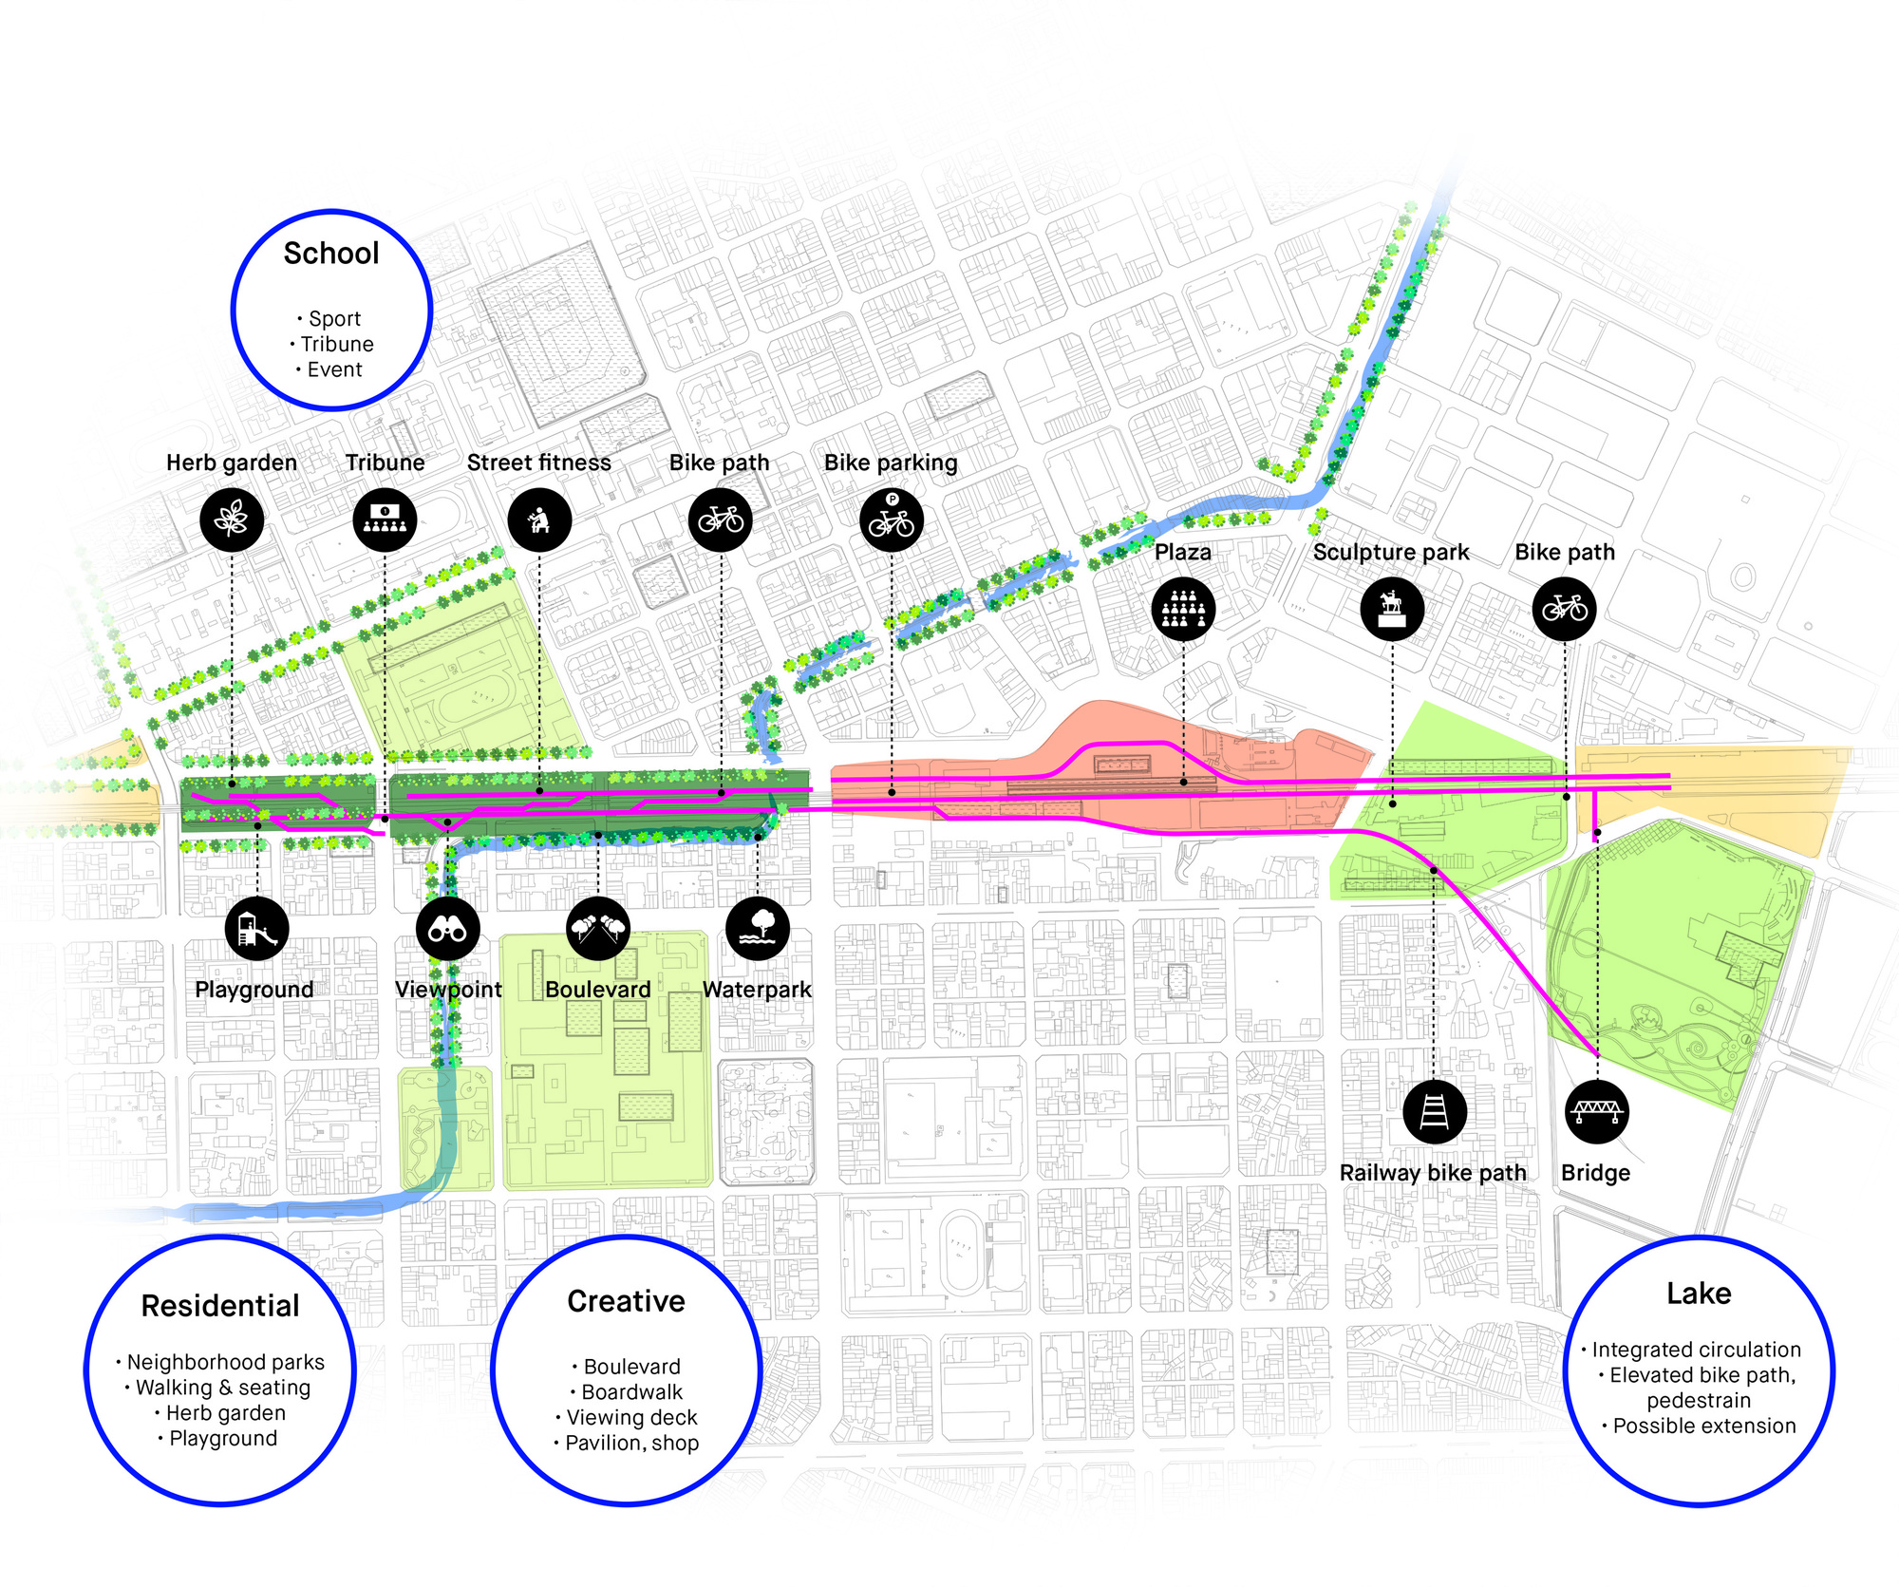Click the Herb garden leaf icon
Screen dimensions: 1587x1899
click(232, 520)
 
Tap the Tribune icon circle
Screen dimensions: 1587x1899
click(385, 520)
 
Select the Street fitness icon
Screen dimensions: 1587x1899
click(539, 520)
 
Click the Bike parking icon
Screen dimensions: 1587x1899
click(892, 520)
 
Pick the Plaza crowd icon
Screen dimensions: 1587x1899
click(1183, 608)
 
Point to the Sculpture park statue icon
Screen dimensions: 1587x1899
click(1392, 608)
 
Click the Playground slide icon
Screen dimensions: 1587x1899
click(257, 929)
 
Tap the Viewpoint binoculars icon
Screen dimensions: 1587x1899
click(447, 929)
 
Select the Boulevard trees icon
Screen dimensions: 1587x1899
click(598, 929)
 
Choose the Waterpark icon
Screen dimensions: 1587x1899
click(758, 929)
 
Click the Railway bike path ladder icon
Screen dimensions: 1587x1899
click(1434, 1111)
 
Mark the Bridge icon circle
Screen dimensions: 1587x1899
click(1597, 1111)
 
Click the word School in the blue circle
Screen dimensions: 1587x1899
click(331, 254)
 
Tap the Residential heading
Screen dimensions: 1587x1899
click(220, 1306)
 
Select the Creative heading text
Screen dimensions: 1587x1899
click(627, 1301)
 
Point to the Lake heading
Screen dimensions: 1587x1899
click(1699, 1294)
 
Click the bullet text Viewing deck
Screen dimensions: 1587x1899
click(631, 1418)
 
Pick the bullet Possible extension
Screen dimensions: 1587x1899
click(1704, 1426)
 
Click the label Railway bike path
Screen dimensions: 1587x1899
click(1433, 1173)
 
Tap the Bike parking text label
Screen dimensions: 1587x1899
click(891, 463)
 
